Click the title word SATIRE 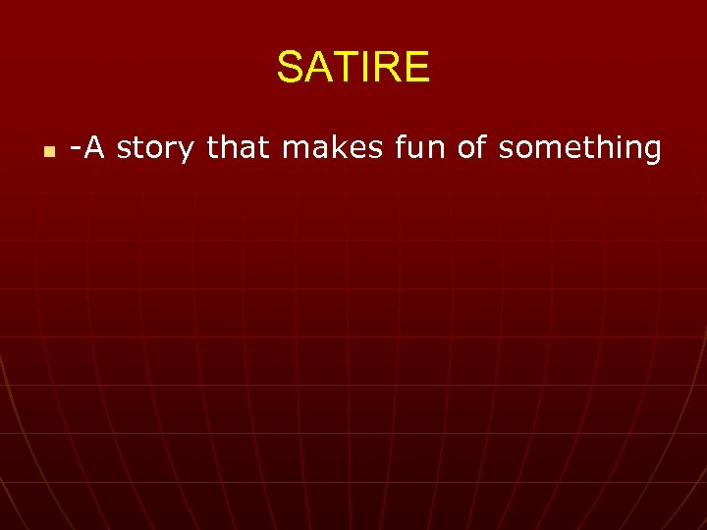(353, 68)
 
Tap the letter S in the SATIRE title (290, 68)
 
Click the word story (159, 149)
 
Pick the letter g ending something (650, 151)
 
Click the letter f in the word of (485, 147)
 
